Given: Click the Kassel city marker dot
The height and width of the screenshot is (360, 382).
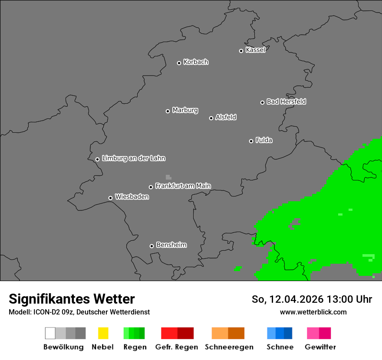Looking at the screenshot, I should (x=241, y=51).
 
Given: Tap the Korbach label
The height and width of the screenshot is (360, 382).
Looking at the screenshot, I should (x=196, y=62).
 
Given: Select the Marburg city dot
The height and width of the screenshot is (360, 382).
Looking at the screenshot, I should (x=168, y=111).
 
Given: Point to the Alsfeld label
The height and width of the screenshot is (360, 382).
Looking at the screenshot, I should (x=226, y=117).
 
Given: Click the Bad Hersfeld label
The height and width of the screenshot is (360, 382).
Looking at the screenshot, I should (x=286, y=101).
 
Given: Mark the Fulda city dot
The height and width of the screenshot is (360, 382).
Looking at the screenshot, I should (x=251, y=141).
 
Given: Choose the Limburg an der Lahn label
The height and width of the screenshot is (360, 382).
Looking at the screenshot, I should (x=133, y=158).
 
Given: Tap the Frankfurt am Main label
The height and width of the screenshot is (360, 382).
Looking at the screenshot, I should (x=183, y=186).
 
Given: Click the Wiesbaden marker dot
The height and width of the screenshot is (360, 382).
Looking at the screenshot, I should (x=111, y=198).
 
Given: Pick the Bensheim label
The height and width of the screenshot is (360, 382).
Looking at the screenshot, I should (x=171, y=245).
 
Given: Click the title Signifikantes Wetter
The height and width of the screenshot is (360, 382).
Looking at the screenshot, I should (x=72, y=299).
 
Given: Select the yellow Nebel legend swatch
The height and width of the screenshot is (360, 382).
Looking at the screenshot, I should (x=103, y=333).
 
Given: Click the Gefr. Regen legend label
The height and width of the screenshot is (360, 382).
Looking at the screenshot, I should (x=177, y=347).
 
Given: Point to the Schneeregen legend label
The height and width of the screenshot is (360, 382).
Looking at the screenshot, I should (x=229, y=347).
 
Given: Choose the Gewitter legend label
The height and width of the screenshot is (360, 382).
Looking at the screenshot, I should (x=320, y=347).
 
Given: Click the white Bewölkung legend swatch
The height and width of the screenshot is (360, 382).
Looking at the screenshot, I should (x=50, y=333).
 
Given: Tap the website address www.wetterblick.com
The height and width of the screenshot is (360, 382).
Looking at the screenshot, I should (x=313, y=312).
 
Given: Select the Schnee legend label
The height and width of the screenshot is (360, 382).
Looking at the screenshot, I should (x=280, y=347).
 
